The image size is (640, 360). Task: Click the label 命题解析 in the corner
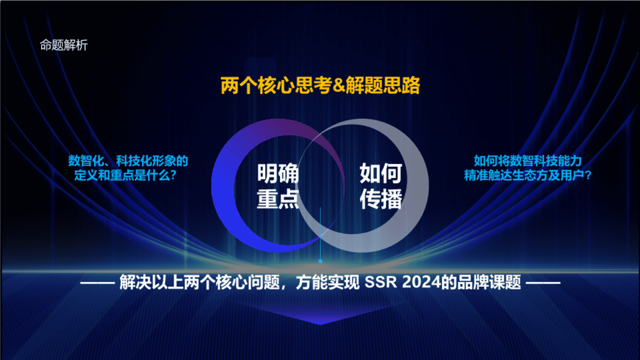64,45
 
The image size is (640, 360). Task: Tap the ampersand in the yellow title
339,85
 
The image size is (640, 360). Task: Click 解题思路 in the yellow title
383,85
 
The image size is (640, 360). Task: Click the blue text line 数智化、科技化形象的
128,161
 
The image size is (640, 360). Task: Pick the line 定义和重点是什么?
125,175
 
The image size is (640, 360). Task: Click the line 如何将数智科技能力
528,161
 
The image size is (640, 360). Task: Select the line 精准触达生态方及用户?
528,175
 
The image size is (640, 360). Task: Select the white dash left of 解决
97,283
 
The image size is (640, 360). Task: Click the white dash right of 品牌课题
543,283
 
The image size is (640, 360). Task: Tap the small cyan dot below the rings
320,261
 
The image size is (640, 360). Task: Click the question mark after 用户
588,175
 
